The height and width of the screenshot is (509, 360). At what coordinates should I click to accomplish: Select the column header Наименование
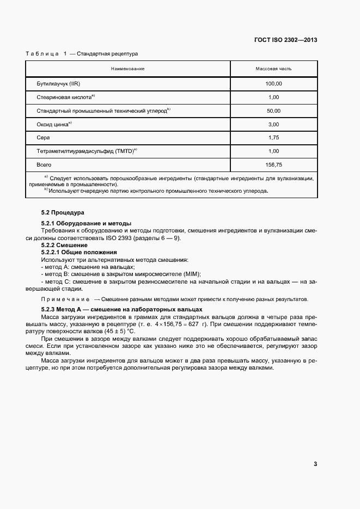(127, 69)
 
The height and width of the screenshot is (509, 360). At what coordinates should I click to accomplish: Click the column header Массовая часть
(273, 69)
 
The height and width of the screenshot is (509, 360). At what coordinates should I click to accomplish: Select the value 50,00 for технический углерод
(273, 111)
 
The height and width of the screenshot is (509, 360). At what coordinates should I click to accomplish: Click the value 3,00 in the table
(273, 124)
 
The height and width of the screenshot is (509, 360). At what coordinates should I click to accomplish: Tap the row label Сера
(43, 138)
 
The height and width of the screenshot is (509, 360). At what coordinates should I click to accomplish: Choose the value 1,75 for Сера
(273, 138)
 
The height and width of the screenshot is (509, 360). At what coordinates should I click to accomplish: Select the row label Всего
(44, 164)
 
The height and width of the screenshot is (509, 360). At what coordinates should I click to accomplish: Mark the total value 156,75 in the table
(273, 164)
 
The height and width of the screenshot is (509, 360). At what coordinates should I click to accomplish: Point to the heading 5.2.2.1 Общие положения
(79, 252)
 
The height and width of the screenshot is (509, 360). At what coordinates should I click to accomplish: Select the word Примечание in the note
(65, 299)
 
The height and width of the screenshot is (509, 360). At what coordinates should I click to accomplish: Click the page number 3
(315, 464)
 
